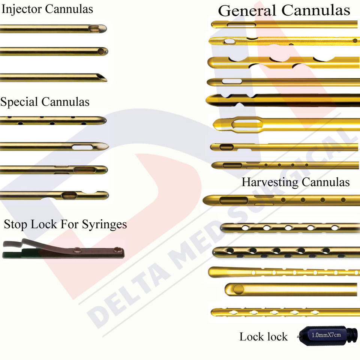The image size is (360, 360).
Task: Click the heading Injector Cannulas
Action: coord(47,9)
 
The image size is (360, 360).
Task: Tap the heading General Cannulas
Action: coord(284,10)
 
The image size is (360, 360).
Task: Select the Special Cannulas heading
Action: coord(45,102)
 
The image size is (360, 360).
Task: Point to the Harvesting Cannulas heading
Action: coord(295,182)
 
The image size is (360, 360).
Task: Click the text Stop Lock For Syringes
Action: coord(65,224)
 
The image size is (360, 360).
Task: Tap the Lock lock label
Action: coord(263,337)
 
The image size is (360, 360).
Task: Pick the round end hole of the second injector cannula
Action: coord(101,51)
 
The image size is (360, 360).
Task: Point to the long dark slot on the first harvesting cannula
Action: coord(234,200)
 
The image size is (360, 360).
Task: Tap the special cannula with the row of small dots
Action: coord(52,120)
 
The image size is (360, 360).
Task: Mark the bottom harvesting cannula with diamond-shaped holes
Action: coord(285,312)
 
